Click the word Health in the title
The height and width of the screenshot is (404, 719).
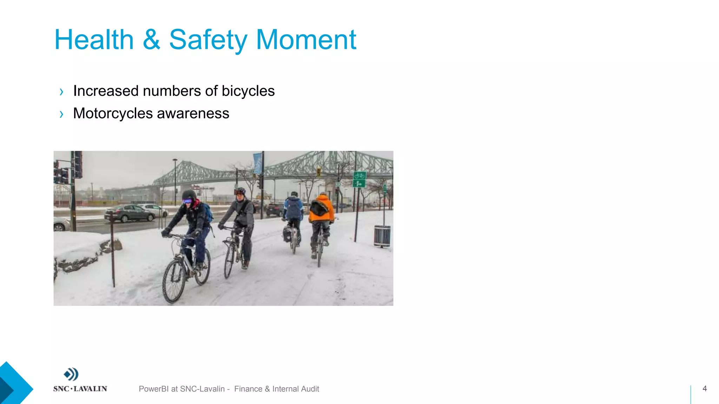point(94,40)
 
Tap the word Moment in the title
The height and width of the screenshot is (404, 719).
point(306,40)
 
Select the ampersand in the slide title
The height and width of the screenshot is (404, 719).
point(151,40)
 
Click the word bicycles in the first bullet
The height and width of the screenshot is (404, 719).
point(248,91)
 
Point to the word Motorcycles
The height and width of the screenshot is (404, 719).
point(113,114)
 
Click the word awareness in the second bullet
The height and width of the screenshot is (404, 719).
point(193,114)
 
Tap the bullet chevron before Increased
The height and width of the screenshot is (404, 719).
point(61,92)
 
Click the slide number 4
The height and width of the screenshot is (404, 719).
point(704,388)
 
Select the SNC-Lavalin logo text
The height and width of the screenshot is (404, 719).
point(80,389)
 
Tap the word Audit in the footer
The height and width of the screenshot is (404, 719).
point(310,389)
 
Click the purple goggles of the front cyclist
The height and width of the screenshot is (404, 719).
point(187,201)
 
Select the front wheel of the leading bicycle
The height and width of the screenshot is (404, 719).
point(174,281)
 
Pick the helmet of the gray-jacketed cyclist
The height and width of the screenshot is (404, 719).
point(240,191)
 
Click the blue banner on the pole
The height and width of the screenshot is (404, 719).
point(258,163)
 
